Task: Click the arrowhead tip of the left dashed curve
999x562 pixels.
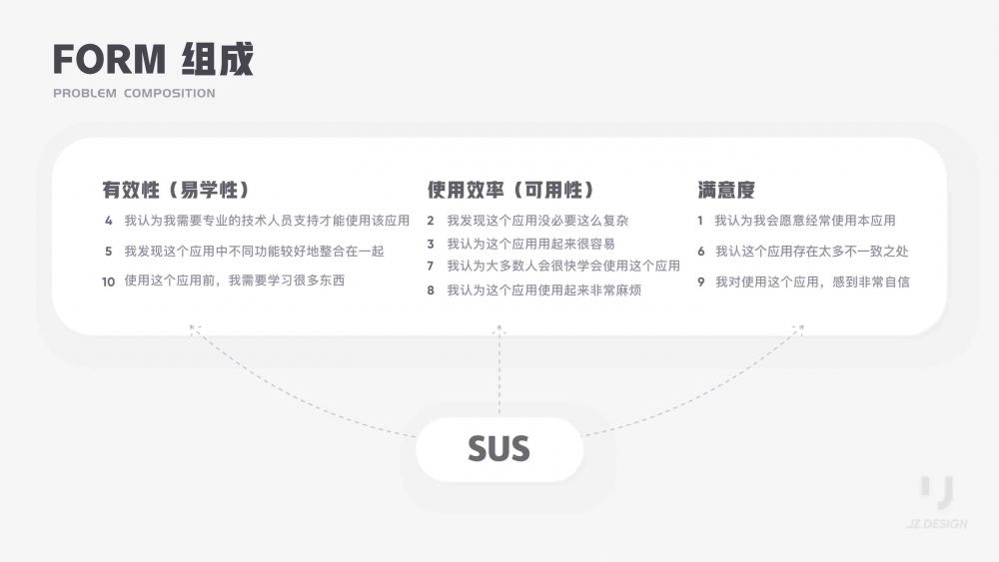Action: (x=190, y=325)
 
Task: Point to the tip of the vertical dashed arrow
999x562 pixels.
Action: (x=499, y=325)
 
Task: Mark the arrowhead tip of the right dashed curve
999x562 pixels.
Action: (x=803, y=325)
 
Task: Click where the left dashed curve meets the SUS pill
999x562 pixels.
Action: (x=417, y=436)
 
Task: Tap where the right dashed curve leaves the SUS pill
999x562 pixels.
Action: (x=583, y=435)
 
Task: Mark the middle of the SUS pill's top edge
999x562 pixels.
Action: (x=499, y=418)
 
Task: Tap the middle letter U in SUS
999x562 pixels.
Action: (x=499, y=449)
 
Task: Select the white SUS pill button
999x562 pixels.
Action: (x=499, y=449)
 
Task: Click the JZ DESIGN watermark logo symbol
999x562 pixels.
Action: (x=937, y=492)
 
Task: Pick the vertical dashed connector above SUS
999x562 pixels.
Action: (x=499, y=371)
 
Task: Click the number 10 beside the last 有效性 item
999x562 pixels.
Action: (x=108, y=281)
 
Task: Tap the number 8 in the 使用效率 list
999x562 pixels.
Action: (x=431, y=290)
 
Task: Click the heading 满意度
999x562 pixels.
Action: (x=726, y=190)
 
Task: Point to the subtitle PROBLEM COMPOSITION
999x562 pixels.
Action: (x=135, y=93)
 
